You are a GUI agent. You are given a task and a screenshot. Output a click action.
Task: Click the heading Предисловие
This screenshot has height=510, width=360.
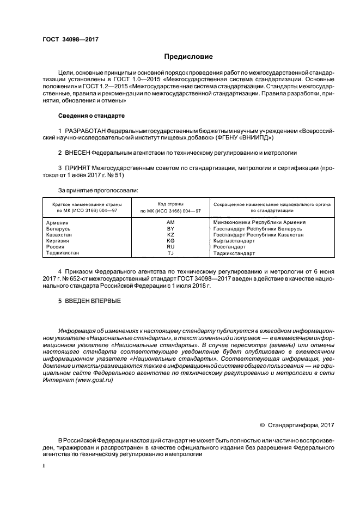189,57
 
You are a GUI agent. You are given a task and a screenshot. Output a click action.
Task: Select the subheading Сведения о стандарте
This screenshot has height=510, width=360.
91,116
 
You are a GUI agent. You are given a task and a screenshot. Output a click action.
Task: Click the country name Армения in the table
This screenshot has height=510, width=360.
58,222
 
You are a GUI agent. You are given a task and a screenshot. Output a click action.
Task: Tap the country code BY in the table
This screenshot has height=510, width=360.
170,229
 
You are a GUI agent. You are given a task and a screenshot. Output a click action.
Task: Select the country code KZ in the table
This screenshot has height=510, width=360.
170,235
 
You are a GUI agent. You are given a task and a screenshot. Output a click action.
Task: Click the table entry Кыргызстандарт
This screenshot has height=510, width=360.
234,241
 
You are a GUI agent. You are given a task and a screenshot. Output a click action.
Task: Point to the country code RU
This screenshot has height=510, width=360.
170,247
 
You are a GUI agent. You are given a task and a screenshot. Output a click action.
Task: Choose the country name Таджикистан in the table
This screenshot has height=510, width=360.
63,253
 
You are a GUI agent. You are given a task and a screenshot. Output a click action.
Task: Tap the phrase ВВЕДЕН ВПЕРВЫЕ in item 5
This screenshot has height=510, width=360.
93,301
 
